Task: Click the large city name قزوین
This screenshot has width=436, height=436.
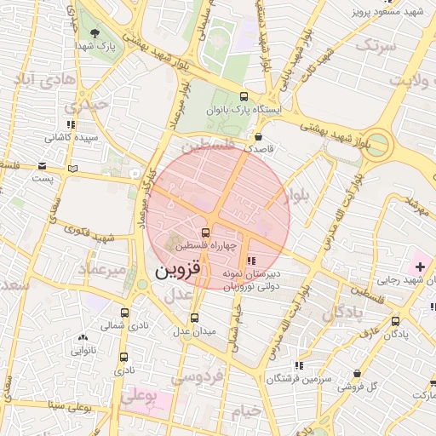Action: [181, 271]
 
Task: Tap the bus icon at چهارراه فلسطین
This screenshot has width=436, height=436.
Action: [206, 232]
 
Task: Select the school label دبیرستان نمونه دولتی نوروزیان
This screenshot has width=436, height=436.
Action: [251, 281]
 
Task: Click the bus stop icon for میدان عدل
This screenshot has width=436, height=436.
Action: [195, 318]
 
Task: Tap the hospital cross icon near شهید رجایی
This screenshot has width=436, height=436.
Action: [420, 268]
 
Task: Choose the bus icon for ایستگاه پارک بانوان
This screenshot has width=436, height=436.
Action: [245, 96]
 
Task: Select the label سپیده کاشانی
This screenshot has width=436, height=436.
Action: [73, 136]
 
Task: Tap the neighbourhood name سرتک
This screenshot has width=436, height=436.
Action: [376, 45]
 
